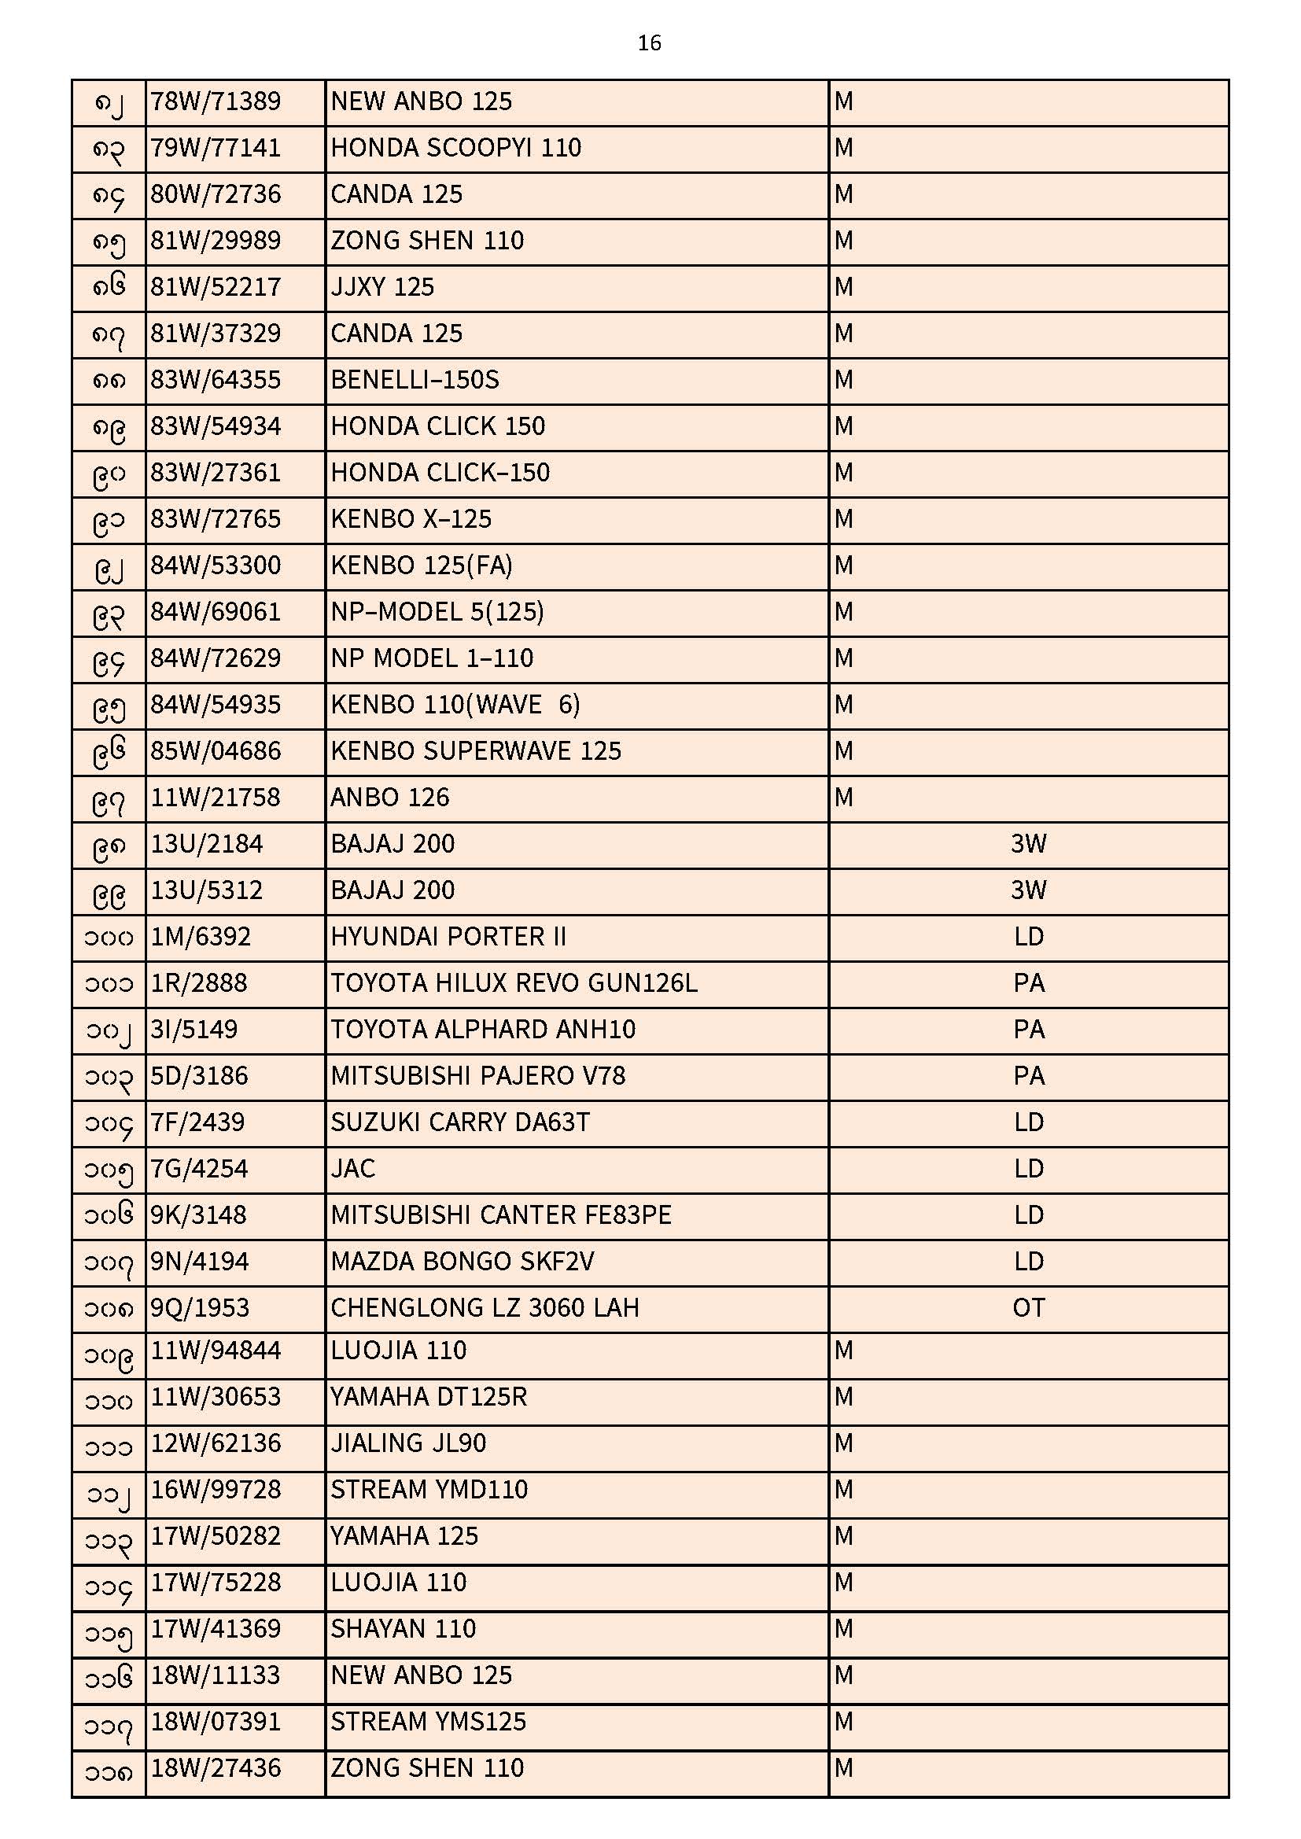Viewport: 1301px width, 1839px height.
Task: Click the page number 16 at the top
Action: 649,42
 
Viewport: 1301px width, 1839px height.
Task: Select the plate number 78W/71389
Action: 216,101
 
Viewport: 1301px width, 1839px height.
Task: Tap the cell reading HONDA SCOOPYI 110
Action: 456,148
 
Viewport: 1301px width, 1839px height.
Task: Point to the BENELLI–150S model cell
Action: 415,380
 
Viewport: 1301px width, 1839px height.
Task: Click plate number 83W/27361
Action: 216,473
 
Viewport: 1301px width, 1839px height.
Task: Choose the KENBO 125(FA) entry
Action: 422,566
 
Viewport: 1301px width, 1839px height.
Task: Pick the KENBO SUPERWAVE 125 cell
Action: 476,751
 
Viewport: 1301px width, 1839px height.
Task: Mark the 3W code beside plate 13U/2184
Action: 1028,844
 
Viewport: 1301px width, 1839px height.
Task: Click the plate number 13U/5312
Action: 207,890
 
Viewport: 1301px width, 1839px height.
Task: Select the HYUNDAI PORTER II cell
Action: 448,937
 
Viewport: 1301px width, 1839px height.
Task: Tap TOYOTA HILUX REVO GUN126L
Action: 514,983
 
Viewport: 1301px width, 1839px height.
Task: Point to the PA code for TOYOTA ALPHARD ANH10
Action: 1028,1030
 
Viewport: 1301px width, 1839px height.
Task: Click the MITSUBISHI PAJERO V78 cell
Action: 477,1077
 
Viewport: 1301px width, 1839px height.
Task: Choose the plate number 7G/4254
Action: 199,1170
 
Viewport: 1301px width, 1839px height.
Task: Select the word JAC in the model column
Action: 352,1170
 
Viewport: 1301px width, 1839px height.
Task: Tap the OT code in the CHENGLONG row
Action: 1028,1309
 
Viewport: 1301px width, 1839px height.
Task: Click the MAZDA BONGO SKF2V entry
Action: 463,1262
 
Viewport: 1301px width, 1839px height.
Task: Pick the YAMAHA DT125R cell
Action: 429,1398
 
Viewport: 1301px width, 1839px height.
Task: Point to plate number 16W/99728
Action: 216,1491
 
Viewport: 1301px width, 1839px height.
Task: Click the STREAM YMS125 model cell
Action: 428,1723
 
